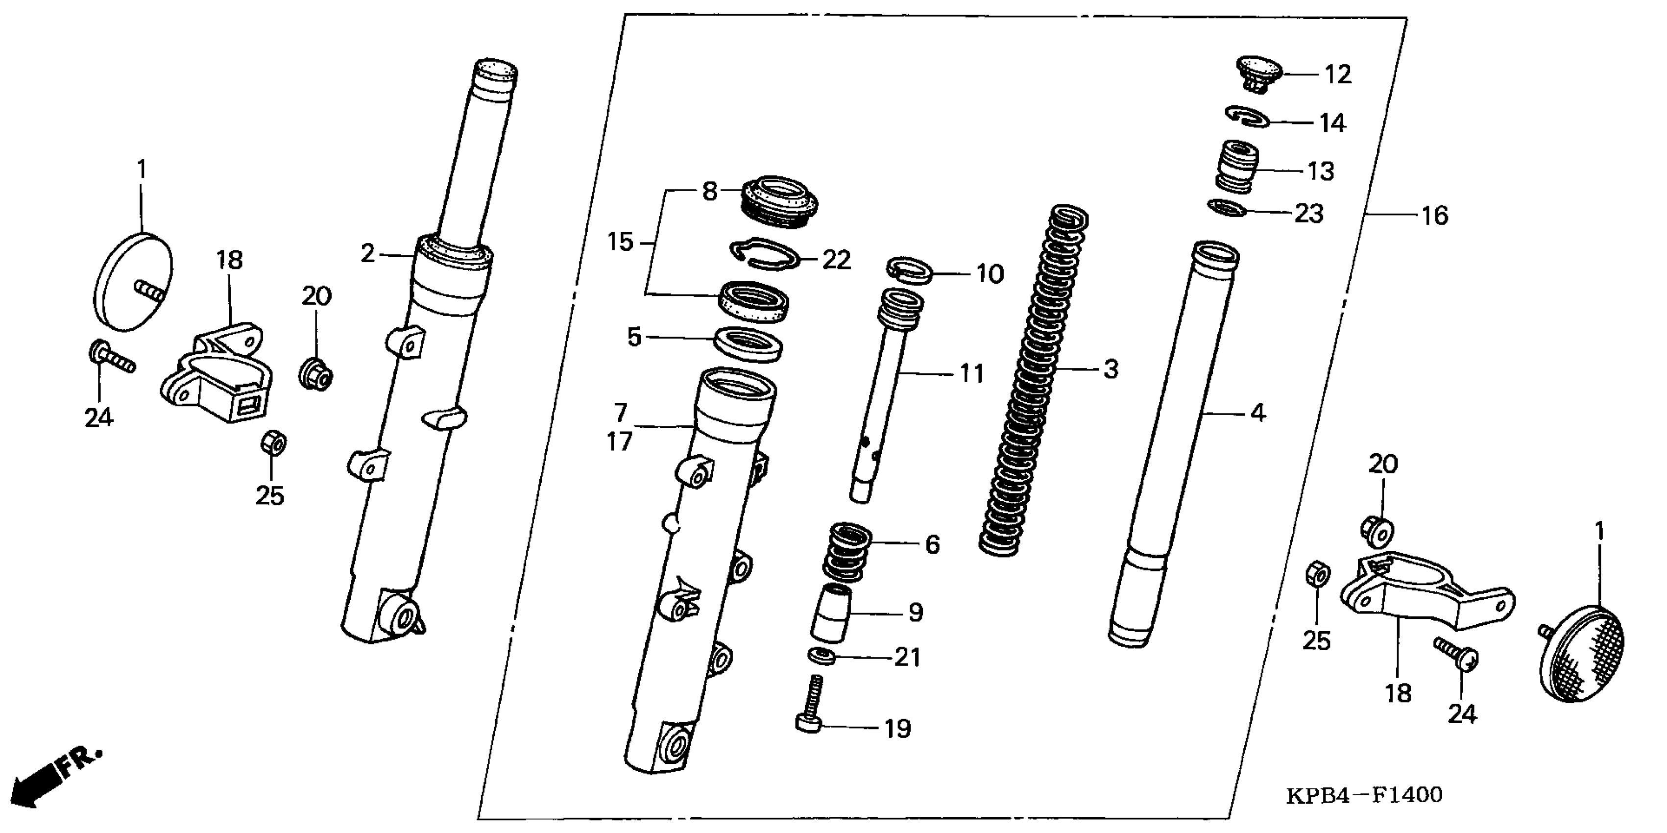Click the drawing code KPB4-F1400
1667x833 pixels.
click(1364, 795)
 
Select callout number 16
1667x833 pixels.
click(1435, 216)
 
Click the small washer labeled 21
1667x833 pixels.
click(822, 656)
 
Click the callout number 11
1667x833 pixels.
click(971, 373)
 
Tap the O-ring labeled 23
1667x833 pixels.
click(1226, 208)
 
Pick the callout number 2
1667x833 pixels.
click(367, 254)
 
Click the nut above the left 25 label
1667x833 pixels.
click(273, 443)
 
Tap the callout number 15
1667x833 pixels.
click(620, 243)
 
